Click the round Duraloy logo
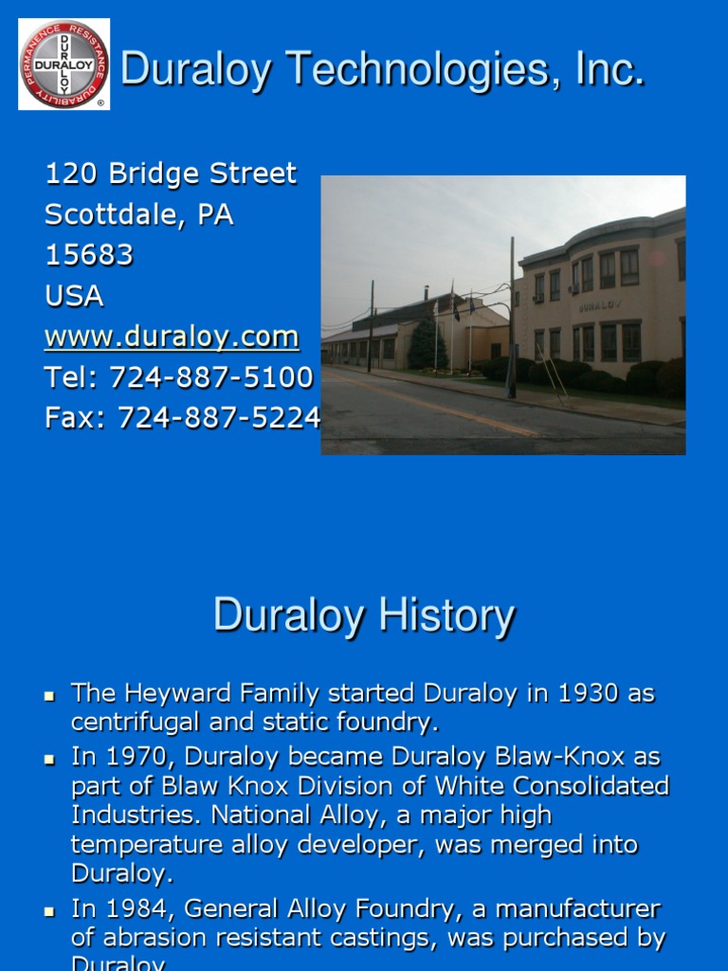[x=64, y=64]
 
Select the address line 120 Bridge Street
[x=171, y=174]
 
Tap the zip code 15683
[x=89, y=255]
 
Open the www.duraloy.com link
[x=172, y=337]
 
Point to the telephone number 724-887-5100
[x=211, y=377]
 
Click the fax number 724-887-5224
[x=219, y=418]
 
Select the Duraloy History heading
[x=364, y=615]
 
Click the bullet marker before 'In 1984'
[x=50, y=911]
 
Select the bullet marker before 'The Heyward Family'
[x=50, y=696]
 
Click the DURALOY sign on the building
[x=592, y=306]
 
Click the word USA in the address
[x=74, y=296]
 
